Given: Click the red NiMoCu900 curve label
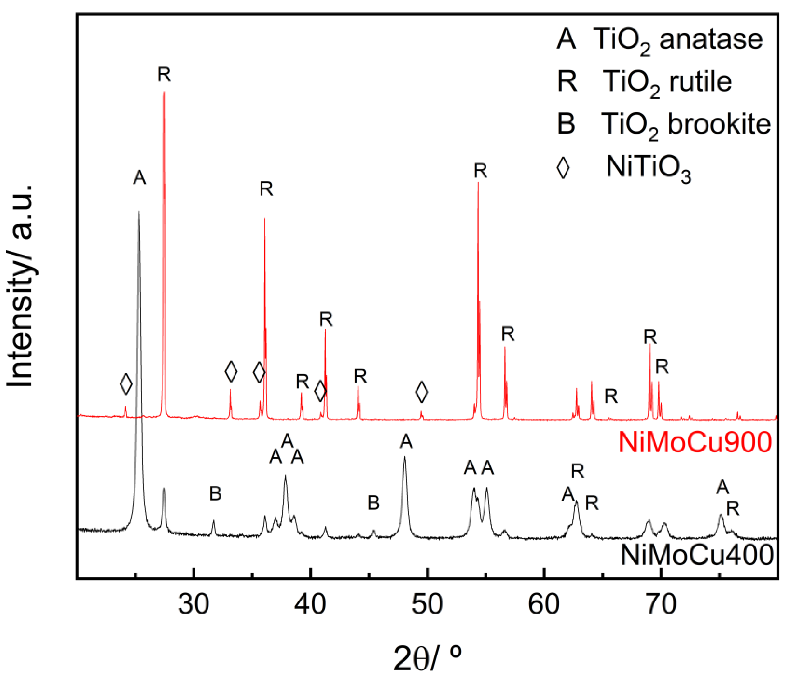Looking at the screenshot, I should [x=695, y=442].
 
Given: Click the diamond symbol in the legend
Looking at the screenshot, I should [x=563, y=168].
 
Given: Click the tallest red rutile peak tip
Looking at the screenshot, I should [x=164, y=92].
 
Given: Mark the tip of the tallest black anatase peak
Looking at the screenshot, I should [x=139, y=212].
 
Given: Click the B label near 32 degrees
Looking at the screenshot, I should [x=215, y=494].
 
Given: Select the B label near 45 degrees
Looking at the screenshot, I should [x=373, y=503].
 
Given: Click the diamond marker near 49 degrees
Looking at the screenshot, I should [x=421, y=392].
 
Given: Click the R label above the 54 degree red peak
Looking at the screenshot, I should [x=480, y=171].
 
